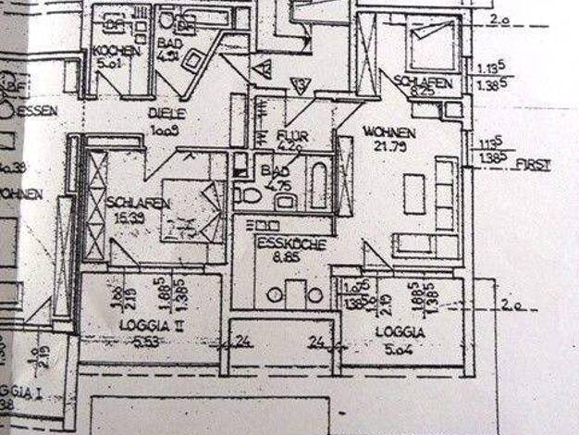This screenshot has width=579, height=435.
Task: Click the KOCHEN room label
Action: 116,51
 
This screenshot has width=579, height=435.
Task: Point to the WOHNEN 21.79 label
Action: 389,132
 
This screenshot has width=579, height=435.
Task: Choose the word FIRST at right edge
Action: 536,165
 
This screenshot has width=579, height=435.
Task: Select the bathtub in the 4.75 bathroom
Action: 317,185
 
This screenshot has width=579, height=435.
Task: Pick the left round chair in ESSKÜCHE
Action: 275,295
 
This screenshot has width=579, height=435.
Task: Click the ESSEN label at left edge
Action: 41,111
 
